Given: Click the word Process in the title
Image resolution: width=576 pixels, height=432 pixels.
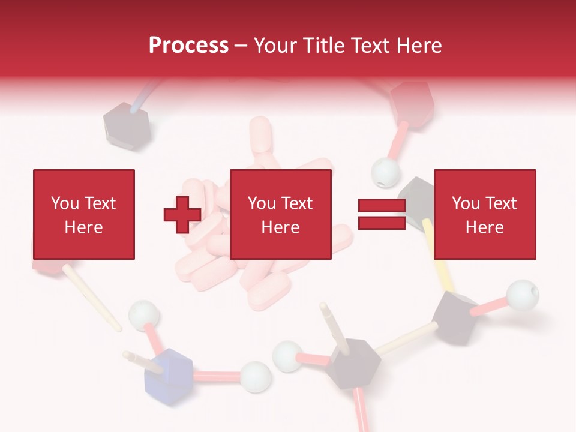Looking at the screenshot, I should (x=188, y=45).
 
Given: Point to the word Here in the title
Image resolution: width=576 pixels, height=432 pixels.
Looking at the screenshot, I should (x=418, y=45).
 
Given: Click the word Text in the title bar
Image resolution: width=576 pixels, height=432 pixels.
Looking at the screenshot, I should (x=369, y=45).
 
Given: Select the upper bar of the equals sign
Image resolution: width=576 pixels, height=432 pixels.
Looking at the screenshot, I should (x=382, y=206).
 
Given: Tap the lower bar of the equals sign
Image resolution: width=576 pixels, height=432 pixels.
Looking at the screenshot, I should (x=382, y=223).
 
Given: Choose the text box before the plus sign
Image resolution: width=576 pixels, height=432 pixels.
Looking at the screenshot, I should (x=83, y=214).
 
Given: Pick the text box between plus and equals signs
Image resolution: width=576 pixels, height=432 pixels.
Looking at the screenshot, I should (x=281, y=214).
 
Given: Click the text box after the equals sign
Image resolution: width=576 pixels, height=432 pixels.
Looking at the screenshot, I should (x=484, y=214).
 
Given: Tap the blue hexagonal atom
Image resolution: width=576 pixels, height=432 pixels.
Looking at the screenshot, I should (x=169, y=374).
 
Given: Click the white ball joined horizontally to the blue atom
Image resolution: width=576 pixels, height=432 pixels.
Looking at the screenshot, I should (x=256, y=376).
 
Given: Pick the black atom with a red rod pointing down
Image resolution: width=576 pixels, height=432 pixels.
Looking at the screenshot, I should (x=355, y=363).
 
